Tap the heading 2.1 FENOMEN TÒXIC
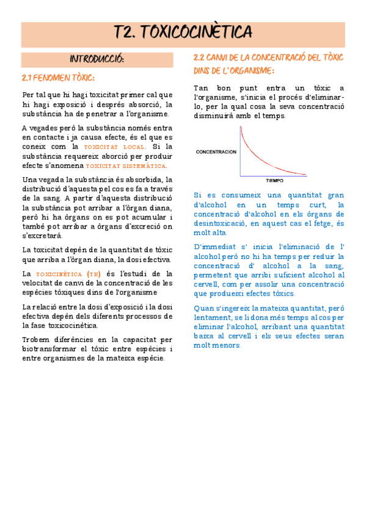[58, 78]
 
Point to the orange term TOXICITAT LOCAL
[115, 147]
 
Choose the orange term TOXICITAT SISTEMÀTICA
[126, 166]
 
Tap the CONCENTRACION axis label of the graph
[215, 151]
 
